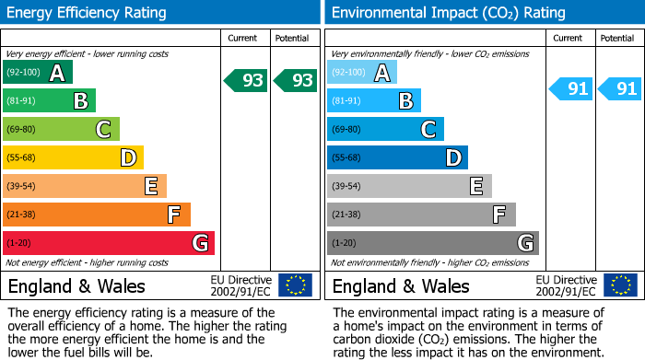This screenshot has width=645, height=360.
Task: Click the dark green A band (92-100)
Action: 38,73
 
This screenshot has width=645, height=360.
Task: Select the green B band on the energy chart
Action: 50,101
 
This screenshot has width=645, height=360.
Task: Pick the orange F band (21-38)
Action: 97,215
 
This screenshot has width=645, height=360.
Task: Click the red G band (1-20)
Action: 109,243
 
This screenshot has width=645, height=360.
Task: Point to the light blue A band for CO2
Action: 362,73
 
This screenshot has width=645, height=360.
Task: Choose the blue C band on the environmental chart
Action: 385,130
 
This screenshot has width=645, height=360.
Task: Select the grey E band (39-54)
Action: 409,187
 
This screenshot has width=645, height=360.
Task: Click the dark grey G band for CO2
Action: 433,243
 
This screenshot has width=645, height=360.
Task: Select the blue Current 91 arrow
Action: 571,89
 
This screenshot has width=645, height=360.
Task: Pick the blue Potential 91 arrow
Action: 620,89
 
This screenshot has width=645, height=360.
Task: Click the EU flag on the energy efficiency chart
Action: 295,285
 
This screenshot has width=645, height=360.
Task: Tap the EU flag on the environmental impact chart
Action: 619,285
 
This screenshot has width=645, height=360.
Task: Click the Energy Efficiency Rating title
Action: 87,13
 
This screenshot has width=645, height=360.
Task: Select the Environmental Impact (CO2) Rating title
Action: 447,13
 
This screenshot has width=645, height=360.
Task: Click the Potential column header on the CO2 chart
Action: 617,39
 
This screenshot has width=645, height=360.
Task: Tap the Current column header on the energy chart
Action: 243,39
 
